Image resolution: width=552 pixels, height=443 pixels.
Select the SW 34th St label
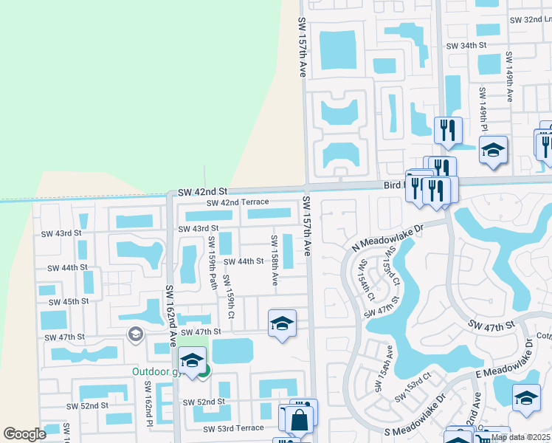[467, 45]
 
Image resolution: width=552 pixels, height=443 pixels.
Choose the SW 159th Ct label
[230, 297]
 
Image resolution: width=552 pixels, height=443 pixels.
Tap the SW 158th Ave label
[274, 260]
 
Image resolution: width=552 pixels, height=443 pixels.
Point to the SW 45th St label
[69, 301]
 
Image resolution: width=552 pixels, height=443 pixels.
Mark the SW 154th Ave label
[380, 363]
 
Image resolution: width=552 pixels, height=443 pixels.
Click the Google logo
[24, 434]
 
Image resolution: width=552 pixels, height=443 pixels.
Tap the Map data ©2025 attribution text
[520, 437]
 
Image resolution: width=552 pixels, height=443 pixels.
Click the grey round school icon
[135, 334]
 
